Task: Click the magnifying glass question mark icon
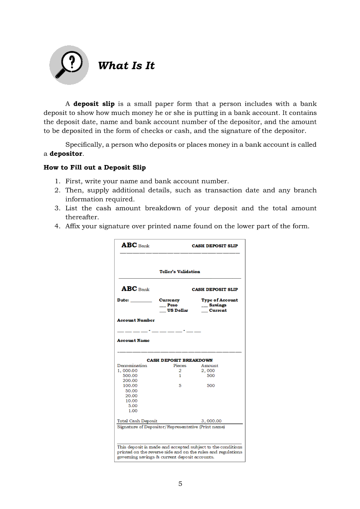coord(69,65)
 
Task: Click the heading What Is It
coord(126,66)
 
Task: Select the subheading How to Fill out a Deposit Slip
coord(95,168)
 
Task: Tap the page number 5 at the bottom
coord(180,484)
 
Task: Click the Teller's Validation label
coord(180,272)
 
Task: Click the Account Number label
coord(136,320)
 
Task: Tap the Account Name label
coord(133,340)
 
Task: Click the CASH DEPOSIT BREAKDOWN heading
coord(180,361)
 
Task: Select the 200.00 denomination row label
coord(130,381)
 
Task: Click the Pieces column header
coord(180,366)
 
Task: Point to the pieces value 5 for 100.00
coord(180,386)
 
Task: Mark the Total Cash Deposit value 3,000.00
coord(211,421)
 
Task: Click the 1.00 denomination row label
coord(133,411)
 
